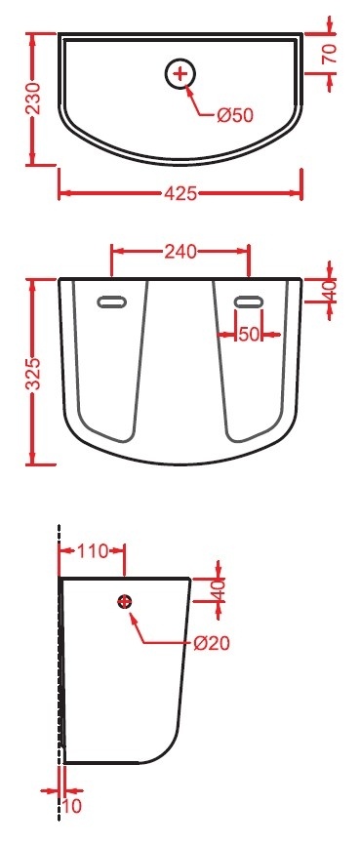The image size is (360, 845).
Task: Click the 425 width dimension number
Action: point(180,193)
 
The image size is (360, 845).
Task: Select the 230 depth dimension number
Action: point(34,100)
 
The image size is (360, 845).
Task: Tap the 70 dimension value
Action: point(330,54)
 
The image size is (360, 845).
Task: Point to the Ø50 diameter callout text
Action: point(235,115)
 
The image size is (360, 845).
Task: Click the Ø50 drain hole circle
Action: point(180,73)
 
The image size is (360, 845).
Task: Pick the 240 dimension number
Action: point(180,251)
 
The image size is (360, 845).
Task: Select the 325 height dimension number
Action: point(34,373)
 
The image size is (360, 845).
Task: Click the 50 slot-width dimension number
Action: point(249,334)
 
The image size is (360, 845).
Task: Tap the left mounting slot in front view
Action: point(112,302)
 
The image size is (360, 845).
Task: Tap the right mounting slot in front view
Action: point(249,302)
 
